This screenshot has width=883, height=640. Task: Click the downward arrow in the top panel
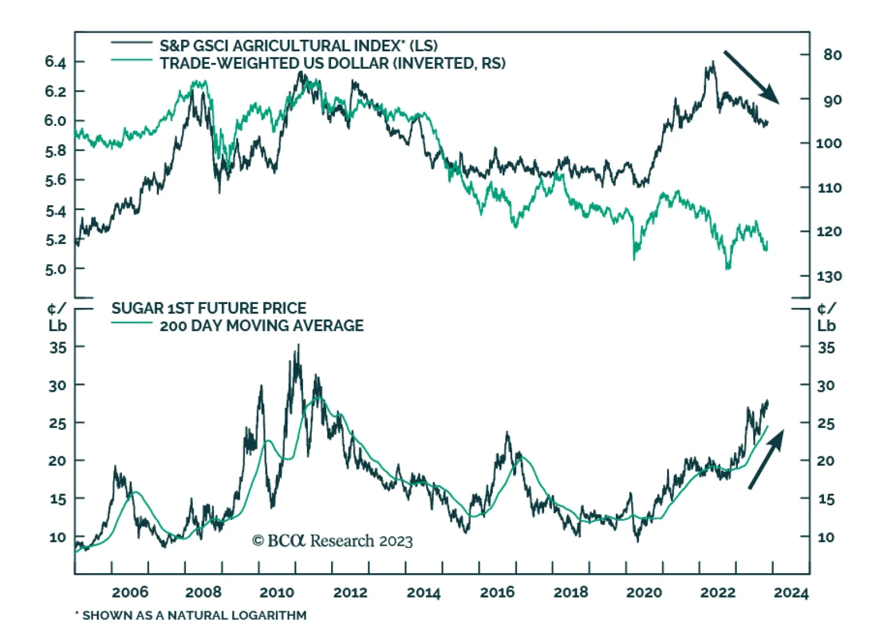coord(751,77)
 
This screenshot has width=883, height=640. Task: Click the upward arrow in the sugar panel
coord(766,459)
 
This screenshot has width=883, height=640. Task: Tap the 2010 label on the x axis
coord(276,593)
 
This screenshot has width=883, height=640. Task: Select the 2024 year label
coord(791,593)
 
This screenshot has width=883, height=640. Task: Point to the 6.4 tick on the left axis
coord(55,62)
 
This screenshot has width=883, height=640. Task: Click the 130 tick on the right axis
coord(829,276)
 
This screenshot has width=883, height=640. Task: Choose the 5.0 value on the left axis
coord(55,269)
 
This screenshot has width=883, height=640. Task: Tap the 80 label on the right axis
coord(832,55)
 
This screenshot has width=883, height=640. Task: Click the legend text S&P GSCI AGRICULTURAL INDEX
coord(299,45)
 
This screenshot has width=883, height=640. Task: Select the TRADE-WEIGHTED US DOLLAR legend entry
coord(332,63)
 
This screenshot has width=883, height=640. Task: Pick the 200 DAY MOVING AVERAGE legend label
coord(262,326)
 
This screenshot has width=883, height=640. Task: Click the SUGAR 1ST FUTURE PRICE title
coord(209,308)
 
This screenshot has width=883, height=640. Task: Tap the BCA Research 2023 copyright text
coord(332,541)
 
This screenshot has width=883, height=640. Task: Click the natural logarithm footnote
coord(191,615)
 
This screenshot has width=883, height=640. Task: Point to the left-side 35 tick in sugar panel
coord(57,348)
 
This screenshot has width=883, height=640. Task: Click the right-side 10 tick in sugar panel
coord(826,537)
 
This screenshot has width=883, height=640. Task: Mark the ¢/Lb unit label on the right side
coord(826,317)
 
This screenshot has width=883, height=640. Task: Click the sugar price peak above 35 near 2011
coord(299,346)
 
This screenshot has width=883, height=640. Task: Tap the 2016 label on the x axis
coord(497,593)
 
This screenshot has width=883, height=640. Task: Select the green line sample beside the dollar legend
coord(131,60)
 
